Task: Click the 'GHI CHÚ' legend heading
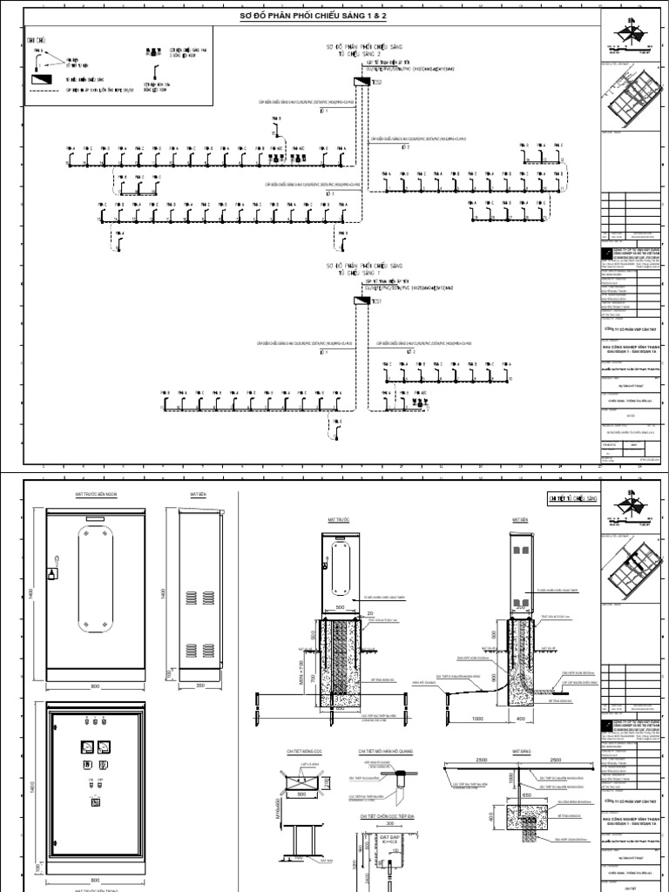37,39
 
